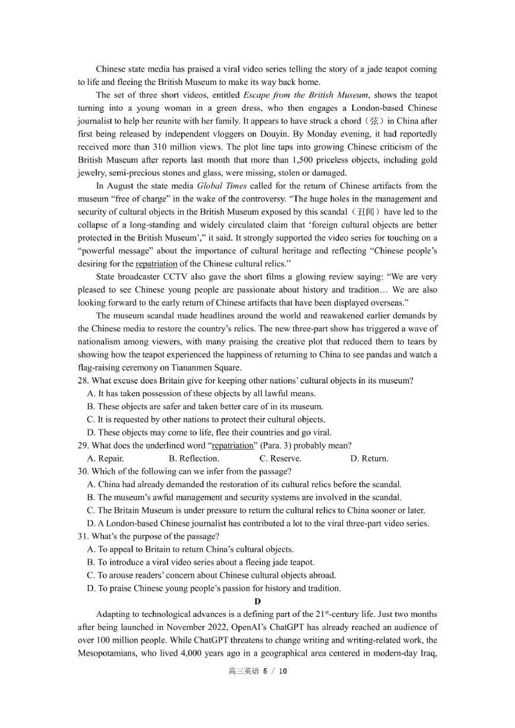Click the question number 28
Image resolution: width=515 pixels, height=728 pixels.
pos(83,381)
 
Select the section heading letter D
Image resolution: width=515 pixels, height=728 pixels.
pos(257,601)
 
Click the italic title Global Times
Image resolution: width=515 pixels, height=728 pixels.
pos(222,186)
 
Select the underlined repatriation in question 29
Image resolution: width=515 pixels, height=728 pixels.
pos(232,446)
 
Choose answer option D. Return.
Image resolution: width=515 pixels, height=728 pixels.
pos(369,459)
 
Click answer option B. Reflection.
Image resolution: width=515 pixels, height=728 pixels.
pos(194,459)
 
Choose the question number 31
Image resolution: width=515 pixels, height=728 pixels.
pos(83,537)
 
